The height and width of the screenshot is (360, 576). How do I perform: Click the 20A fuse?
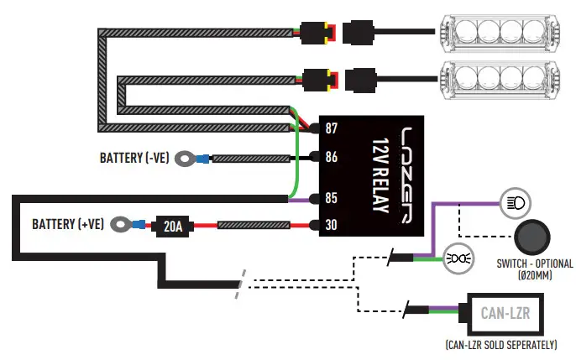[x=172, y=226]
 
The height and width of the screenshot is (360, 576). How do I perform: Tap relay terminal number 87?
[x=331, y=128]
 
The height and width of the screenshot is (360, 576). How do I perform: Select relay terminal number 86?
[x=331, y=157]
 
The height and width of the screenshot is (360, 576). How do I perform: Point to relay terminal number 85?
[x=331, y=198]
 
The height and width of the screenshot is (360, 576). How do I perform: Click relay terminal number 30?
[x=331, y=225]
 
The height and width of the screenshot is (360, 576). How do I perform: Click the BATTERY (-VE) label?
[x=134, y=158]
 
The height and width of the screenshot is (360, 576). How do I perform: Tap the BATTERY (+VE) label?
[x=68, y=224]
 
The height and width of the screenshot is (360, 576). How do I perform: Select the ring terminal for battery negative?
[x=185, y=159]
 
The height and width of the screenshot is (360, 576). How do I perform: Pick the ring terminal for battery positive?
[x=121, y=224]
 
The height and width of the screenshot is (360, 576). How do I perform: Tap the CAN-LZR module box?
[x=505, y=314]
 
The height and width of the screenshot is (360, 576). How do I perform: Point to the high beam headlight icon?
[x=516, y=203]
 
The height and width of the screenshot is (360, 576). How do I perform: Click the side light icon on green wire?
[x=458, y=258]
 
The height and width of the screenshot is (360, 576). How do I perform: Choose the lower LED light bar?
[x=500, y=80]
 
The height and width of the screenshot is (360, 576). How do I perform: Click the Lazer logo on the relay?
[x=406, y=175]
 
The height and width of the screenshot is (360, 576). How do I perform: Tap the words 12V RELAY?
[x=380, y=175]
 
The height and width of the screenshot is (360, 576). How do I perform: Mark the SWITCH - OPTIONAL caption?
[x=535, y=263]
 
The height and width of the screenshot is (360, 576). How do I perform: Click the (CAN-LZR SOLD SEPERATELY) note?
[x=501, y=345]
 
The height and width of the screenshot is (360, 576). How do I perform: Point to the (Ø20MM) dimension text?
[x=535, y=275]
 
